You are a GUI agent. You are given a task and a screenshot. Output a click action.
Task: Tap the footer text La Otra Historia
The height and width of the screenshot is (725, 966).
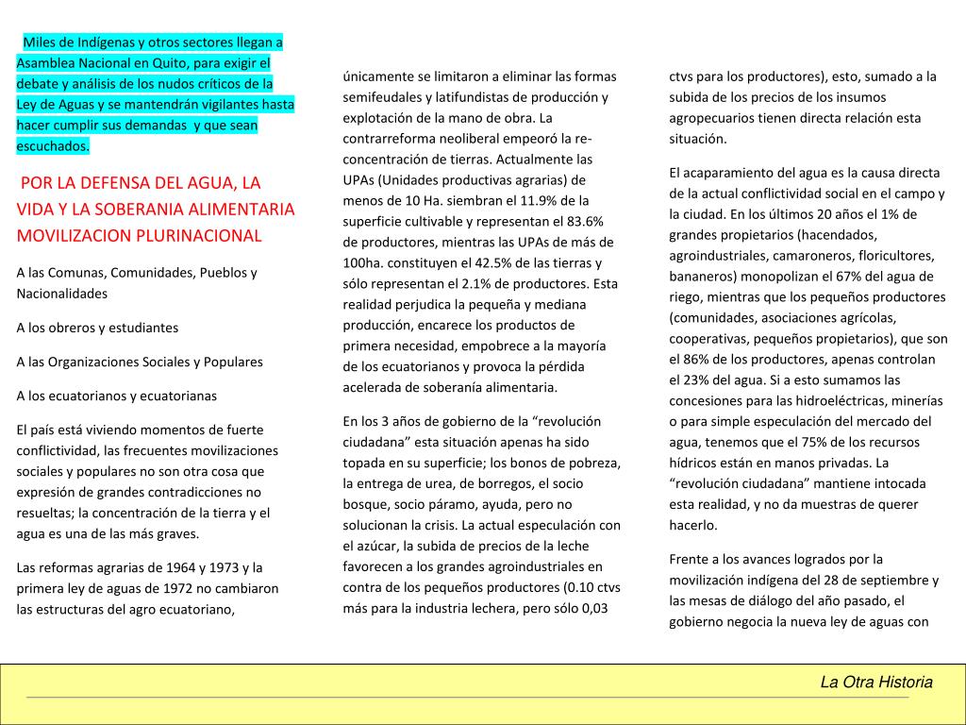pyautogui.click(x=876, y=682)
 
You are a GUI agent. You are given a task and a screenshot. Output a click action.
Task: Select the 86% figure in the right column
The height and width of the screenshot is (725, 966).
pyautogui.click(x=697, y=359)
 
